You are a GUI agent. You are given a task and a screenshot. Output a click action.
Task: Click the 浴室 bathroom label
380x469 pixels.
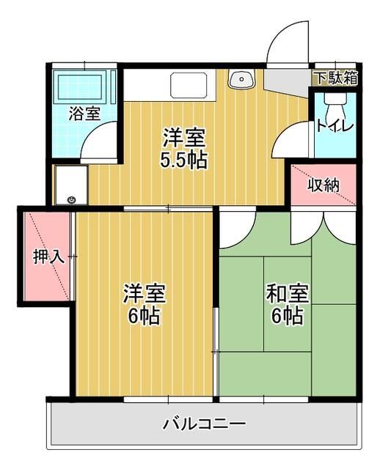coord(84,114)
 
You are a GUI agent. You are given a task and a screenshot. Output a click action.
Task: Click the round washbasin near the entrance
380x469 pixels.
coord(240,79)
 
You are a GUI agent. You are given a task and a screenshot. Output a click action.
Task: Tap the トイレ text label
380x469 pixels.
coord(335,126)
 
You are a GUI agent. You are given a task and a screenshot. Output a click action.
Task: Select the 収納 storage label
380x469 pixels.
coord(323,185)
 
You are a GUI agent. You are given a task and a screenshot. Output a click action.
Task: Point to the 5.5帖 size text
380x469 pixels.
coord(183,160)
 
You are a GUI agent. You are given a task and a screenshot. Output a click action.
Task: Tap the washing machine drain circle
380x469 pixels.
coord(71,199)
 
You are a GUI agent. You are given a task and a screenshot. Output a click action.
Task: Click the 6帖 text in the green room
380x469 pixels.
coord(287,317)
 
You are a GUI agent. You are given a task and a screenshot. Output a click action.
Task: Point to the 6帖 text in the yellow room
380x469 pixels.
coord(142,317)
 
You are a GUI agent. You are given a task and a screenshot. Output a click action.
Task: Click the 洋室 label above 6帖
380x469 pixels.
coord(142,294)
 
